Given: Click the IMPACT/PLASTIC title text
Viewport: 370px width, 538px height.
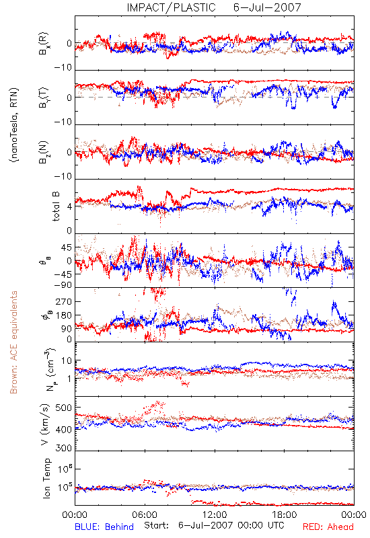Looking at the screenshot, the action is click(x=171, y=7).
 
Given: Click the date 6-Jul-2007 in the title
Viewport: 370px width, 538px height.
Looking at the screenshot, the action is click(x=267, y=7).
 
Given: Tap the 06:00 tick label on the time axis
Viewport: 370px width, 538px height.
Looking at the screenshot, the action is click(x=145, y=514).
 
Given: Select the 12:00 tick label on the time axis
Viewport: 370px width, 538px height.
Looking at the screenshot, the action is click(x=215, y=514).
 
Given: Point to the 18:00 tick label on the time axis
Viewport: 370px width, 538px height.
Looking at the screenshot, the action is click(x=285, y=514).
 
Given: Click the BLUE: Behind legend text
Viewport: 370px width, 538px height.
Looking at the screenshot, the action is click(x=104, y=527).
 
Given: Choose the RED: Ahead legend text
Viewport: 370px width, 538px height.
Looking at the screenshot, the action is click(x=328, y=527).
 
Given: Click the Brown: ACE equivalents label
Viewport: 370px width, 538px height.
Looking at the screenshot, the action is click(x=13, y=342).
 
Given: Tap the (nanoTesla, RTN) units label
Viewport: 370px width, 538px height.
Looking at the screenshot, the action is click(x=14, y=125).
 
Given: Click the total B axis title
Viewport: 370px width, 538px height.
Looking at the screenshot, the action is click(x=56, y=206).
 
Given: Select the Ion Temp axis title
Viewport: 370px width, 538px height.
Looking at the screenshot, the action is click(x=46, y=478).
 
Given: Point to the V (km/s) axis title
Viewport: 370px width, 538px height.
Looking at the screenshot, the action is click(x=45, y=425).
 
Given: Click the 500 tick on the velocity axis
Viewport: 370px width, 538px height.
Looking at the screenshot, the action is click(x=63, y=408).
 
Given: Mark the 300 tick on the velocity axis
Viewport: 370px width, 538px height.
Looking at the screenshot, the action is click(x=63, y=448).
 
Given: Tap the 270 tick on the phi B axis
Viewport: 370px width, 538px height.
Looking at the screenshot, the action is click(x=63, y=301).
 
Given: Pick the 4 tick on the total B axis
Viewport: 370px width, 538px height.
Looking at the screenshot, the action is click(x=69, y=207).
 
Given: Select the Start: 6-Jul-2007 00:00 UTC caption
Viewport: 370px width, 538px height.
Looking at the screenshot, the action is click(x=214, y=525).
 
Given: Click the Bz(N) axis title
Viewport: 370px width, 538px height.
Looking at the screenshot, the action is click(x=44, y=152).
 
